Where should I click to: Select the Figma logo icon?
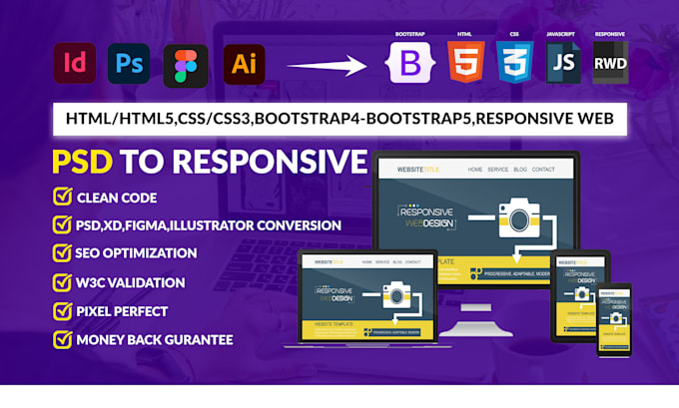(186, 66)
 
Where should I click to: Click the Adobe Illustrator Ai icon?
(243, 66)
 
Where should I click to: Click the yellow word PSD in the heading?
(82, 162)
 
